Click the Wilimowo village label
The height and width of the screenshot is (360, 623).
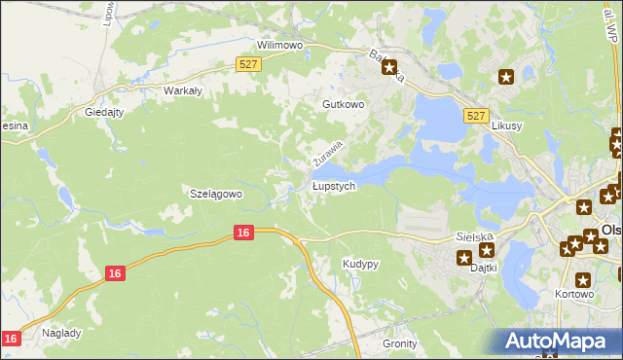pos(280,45)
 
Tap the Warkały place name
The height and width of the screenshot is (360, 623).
pos(182,90)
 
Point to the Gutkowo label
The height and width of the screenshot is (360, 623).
pos(343,103)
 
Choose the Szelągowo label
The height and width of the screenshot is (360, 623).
pos(215,194)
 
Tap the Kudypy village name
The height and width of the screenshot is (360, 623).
pos(360,264)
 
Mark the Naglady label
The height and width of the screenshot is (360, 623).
pos(61,332)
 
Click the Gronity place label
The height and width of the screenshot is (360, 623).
pos(399,343)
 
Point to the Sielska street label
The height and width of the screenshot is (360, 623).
pos(475,236)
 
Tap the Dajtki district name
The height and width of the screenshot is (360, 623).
pos(484,267)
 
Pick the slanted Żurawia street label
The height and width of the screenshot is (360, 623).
pos(329,152)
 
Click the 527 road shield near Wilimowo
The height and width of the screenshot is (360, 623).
pos(248,64)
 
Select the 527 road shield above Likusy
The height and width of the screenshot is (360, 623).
pos(475,115)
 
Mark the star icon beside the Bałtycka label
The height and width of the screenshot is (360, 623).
pos(390,68)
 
